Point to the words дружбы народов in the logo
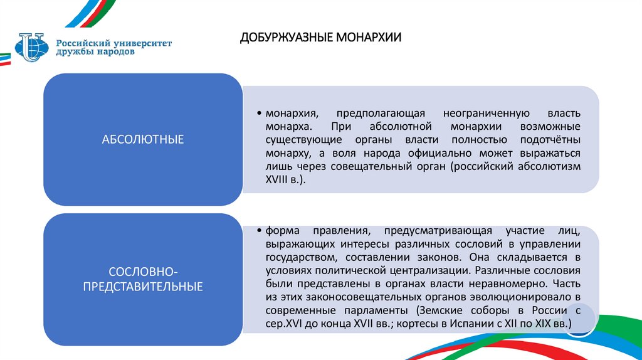pyautogui.click(x=95, y=52)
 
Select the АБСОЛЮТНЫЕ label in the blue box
pyautogui.click(x=143, y=139)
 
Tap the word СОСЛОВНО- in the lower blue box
pyautogui.click(x=144, y=271)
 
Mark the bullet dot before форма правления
pyautogui.click(x=260, y=230)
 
